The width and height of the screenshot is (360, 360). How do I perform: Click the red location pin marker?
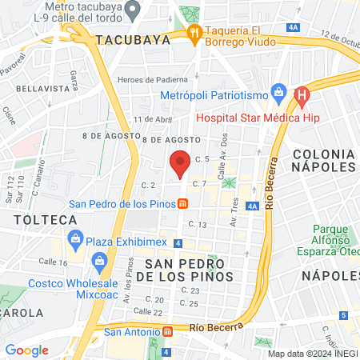180,162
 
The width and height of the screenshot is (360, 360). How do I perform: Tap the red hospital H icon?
302,94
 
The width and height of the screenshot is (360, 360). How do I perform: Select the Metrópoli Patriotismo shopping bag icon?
278,91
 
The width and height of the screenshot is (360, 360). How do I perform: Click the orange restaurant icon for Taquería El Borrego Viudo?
193,33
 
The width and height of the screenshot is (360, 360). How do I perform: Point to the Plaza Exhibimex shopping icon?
76,238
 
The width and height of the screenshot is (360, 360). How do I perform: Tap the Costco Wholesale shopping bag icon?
100,260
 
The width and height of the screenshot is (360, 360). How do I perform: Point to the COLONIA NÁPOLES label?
323,159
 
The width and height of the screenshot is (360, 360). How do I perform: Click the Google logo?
26,350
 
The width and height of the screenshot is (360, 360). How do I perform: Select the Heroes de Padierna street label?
152,79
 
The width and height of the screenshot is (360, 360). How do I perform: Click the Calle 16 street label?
52,262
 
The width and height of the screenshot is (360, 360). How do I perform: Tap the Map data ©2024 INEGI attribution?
312,354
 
